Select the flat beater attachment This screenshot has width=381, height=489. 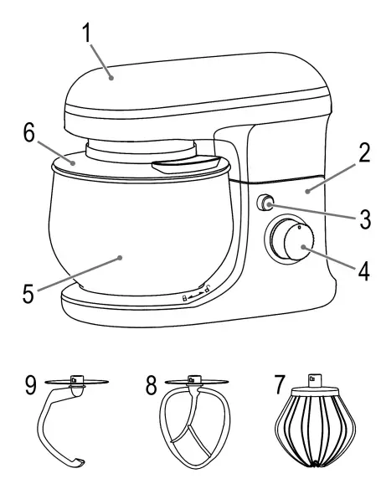point(194,427)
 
